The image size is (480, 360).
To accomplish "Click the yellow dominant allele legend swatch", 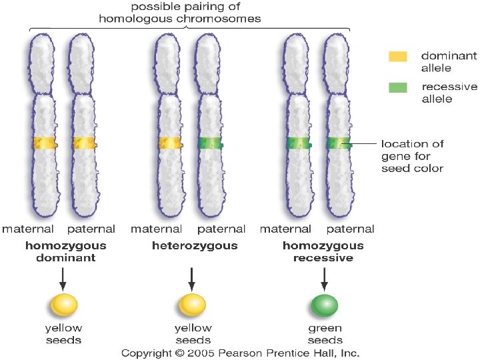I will pyautogui.click(x=398, y=57).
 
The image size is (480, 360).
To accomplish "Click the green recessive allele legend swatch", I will pyautogui.click(x=398, y=87).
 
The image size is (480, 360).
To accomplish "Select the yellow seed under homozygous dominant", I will pyautogui.click(x=63, y=305).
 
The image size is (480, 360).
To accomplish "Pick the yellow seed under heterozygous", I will pyautogui.click(x=192, y=305).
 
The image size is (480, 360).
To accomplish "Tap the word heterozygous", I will pyautogui.click(x=194, y=246).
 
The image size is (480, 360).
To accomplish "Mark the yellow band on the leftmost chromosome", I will pyautogui.click(x=43, y=143).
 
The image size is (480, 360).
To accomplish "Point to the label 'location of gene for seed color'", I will pyautogui.click(x=412, y=155).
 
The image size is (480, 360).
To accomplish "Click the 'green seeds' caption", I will pyautogui.click(x=325, y=334).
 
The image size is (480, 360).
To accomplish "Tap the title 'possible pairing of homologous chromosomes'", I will pyautogui.click(x=179, y=13).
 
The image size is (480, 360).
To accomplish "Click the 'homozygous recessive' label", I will pyautogui.click(x=323, y=252).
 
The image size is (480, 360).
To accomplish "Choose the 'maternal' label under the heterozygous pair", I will pyautogui.click(x=157, y=229).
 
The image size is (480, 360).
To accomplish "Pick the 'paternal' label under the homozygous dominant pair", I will pyautogui.click(x=91, y=229).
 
